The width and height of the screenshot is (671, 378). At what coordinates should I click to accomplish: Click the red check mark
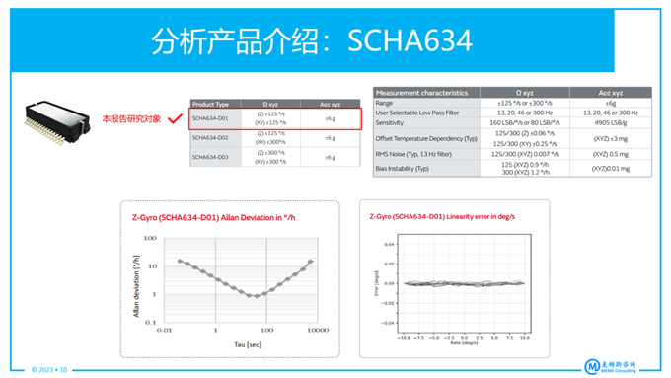[x=175, y=119]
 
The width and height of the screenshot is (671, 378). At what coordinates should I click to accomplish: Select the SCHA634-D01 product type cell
[x=210, y=119]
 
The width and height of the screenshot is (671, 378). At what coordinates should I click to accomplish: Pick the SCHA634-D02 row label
[x=210, y=138]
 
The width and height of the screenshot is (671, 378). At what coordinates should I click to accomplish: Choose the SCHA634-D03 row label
[x=210, y=157]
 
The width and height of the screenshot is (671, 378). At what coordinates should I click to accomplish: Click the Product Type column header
[x=210, y=103]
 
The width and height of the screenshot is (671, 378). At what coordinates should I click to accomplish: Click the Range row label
[x=385, y=103]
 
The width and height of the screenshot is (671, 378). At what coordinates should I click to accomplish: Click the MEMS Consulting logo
[x=622, y=364]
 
